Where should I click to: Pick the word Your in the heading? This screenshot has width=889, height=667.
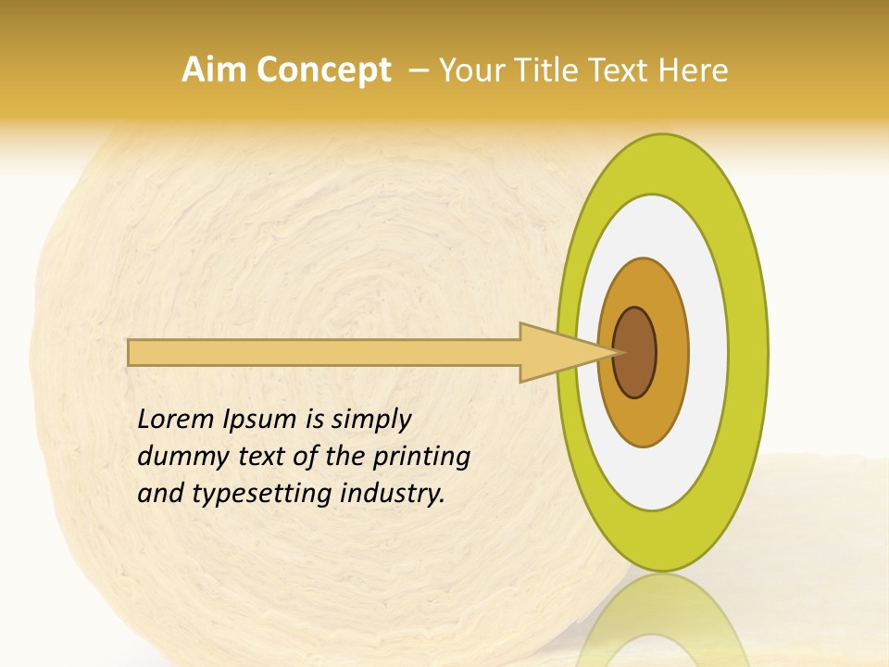point(471,70)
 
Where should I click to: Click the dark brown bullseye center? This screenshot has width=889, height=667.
point(635,352)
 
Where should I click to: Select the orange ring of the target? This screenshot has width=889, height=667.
point(670,352)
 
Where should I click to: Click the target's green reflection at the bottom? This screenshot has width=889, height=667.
point(661,621)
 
